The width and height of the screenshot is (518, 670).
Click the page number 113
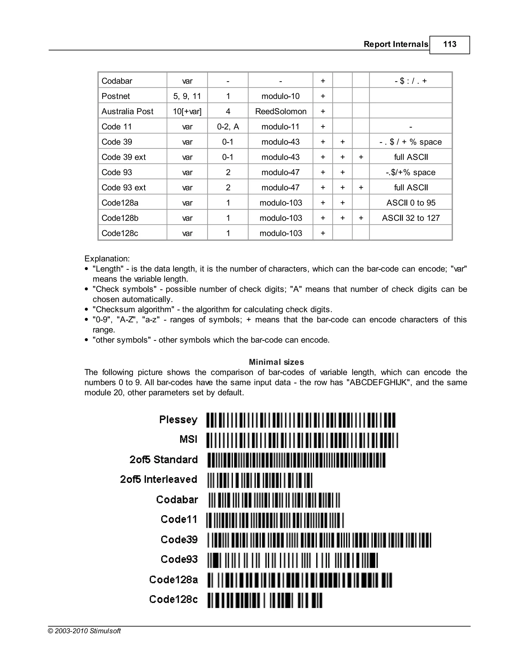tap(449, 44)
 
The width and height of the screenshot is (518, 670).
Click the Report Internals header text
tap(396, 44)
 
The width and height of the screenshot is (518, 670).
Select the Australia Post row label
tap(127, 111)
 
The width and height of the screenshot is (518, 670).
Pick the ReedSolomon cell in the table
tap(280, 111)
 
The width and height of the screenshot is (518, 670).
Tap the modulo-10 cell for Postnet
tap(280, 96)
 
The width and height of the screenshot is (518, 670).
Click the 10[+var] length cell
tap(187, 111)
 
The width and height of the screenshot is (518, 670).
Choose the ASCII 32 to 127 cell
tap(411, 218)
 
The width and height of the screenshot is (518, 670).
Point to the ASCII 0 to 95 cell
tap(411, 203)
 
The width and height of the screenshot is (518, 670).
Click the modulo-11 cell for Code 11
tap(280, 127)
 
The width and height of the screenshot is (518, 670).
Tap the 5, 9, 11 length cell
tap(187, 96)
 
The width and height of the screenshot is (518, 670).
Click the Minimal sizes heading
tap(276, 362)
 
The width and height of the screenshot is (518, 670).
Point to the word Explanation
tap(107, 259)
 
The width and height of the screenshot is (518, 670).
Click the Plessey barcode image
tap(301, 420)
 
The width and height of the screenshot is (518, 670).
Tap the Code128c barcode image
tap(265, 600)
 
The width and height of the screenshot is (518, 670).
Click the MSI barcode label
tap(188, 439)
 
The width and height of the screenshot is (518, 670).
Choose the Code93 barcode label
tap(179, 559)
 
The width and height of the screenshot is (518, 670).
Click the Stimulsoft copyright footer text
tap(84, 631)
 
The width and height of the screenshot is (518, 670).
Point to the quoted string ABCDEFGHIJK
tap(378, 383)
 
